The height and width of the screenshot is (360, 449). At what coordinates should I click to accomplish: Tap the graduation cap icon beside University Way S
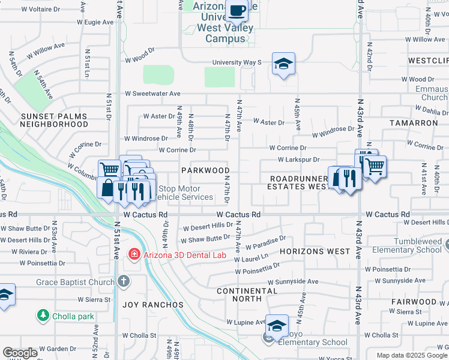pos(283,63)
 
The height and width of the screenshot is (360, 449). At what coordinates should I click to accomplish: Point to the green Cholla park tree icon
pos(43,315)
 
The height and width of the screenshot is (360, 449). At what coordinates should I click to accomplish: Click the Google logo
pos(21,353)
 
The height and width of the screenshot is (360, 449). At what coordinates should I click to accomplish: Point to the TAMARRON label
pos(414,122)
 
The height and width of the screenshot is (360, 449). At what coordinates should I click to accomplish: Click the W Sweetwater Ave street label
pos(152,94)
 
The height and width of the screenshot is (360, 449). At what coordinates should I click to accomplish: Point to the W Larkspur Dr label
pos(298,160)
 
